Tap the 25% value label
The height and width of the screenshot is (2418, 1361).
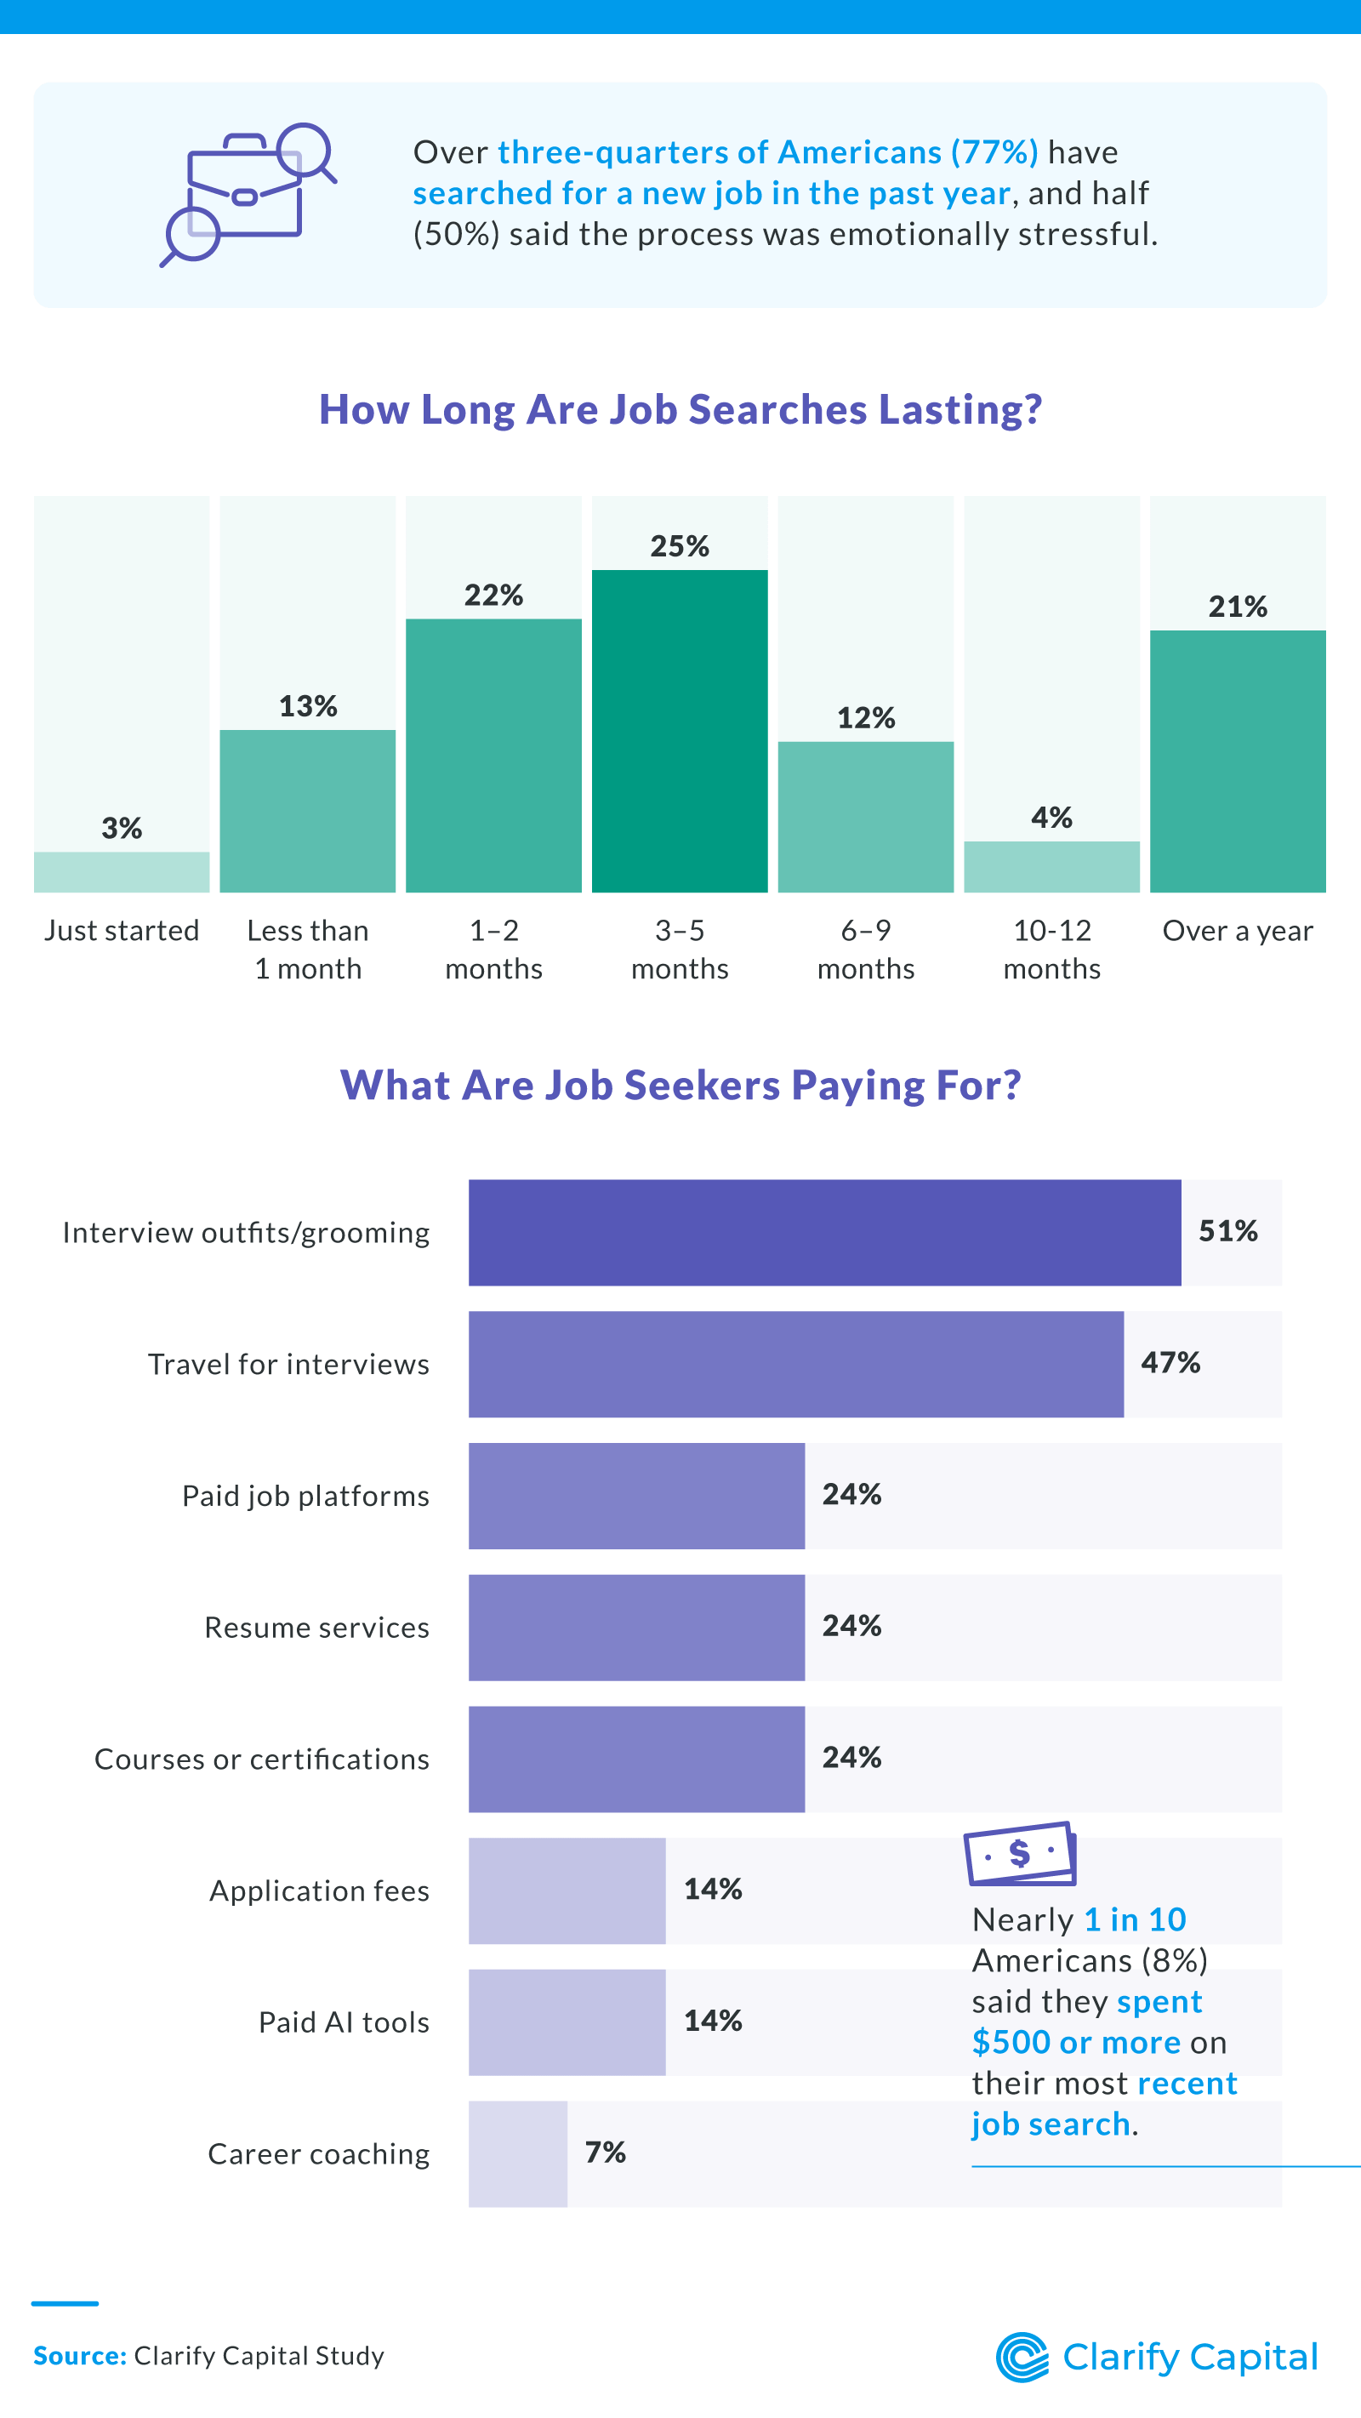point(680,546)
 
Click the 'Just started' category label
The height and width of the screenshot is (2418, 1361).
point(122,930)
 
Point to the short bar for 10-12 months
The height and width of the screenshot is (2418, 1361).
point(1051,866)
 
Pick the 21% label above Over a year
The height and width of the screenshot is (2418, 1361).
point(1237,607)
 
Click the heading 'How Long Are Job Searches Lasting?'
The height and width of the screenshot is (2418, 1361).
point(680,409)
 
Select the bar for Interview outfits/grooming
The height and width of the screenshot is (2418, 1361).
point(824,1233)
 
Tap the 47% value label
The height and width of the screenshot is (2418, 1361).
point(1170,1362)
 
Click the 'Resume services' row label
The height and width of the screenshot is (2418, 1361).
point(316,1627)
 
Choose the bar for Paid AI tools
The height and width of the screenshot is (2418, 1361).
point(567,2021)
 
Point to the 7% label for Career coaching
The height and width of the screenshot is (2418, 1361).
point(605,2152)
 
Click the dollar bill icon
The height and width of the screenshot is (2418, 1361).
point(1019,1853)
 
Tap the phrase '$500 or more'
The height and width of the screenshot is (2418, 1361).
point(1076,2042)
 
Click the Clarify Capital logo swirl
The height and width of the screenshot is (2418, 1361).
point(1022,2357)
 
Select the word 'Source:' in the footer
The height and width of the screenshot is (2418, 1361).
point(80,2355)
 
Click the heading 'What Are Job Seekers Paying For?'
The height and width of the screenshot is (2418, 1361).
point(680,1084)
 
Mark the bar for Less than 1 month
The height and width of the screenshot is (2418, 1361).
point(308,811)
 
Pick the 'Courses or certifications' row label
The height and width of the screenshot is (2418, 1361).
point(262,1758)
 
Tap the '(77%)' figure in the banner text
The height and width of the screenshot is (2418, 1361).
point(994,152)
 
